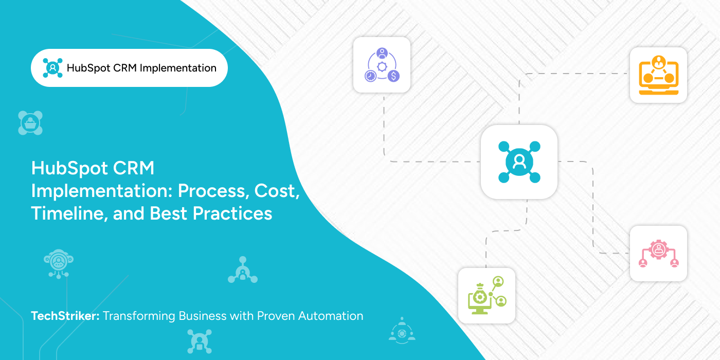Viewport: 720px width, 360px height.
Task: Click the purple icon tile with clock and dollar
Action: pos(382,65)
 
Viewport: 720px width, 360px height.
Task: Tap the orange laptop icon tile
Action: pos(658,75)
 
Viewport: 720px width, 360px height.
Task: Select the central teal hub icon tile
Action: pos(519,162)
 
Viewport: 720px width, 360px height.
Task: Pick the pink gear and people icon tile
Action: pos(658,254)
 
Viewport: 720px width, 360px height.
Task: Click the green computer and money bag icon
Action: pos(487,296)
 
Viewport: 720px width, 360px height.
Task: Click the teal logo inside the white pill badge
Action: pos(52,68)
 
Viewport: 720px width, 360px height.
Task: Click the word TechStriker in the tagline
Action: pos(65,316)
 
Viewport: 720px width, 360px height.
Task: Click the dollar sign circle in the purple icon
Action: pos(393,76)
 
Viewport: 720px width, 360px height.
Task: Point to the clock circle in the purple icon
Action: pos(370,76)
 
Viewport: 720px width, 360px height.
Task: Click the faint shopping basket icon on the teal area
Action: pos(30,123)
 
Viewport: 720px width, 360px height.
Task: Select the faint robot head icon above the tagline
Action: pos(58,262)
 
